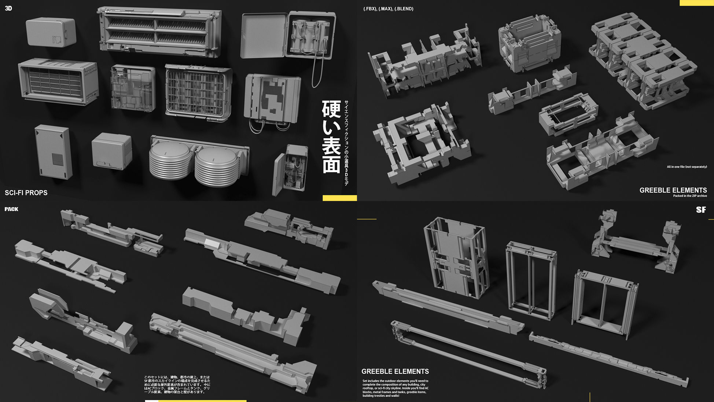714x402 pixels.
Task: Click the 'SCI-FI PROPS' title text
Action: [x=26, y=193]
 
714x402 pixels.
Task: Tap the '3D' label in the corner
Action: [x=8, y=8]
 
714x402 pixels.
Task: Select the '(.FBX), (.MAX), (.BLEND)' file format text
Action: [x=388, y=9]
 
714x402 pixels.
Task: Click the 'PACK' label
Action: [x=11, y=209]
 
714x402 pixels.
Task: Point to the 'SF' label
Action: [x=701, y=210]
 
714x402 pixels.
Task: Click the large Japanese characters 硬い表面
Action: [x=331, y=136]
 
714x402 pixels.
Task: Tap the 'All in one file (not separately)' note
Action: [x=687, y=167]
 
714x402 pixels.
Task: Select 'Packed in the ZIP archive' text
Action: [x=690, y=196]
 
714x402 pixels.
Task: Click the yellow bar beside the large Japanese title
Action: [x=339, y=198]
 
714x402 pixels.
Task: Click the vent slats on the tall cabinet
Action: [x=58, y=159]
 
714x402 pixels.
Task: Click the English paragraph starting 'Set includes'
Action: [x=395, y=388]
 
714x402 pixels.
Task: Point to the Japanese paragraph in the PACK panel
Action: [x=177, y=384]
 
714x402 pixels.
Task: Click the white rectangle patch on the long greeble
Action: [x=212, y=243]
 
